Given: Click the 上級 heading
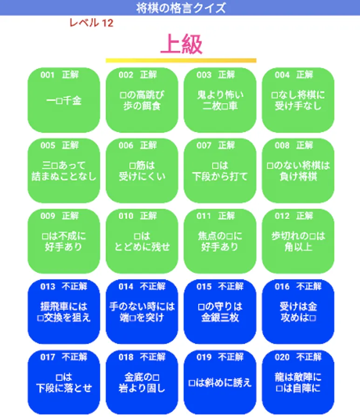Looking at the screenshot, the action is (181, 44).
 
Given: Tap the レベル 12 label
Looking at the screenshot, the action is (91, 23).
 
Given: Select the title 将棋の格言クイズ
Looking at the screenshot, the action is (181, 8).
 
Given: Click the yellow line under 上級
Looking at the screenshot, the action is (181, 61).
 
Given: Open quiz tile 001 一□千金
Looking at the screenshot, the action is (64, 100).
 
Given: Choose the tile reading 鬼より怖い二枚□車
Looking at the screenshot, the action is (220, 100).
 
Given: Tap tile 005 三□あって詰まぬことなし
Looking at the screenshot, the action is (64, 170).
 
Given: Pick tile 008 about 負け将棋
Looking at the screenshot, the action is (298, 170).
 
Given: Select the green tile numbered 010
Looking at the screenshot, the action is (142, 241).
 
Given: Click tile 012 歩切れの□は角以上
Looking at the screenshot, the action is (298, 241).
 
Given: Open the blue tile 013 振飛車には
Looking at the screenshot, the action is (64, 311).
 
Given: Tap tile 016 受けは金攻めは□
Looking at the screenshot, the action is (298, 311).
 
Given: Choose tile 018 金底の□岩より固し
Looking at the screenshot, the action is (142, 382).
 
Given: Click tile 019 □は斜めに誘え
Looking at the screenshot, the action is (220, 382).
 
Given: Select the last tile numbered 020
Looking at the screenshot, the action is (298, 382).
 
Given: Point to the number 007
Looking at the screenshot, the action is (204, 145).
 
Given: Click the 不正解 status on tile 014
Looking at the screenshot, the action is (153, 286).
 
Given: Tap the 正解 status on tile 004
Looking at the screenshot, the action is (305, 75).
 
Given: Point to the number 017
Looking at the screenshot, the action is (48, 357).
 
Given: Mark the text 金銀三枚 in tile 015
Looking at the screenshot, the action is (220, 318).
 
